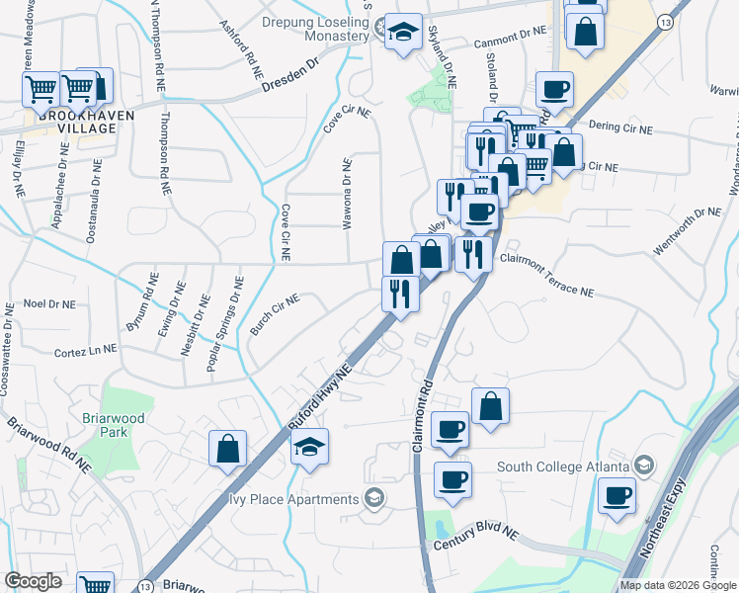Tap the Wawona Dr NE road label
click(348, 196)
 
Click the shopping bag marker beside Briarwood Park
click(227, 449)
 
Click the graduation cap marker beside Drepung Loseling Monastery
click(403, 33)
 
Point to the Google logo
click(34, 581)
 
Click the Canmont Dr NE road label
click(510, 32)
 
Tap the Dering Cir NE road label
click(619, 129)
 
